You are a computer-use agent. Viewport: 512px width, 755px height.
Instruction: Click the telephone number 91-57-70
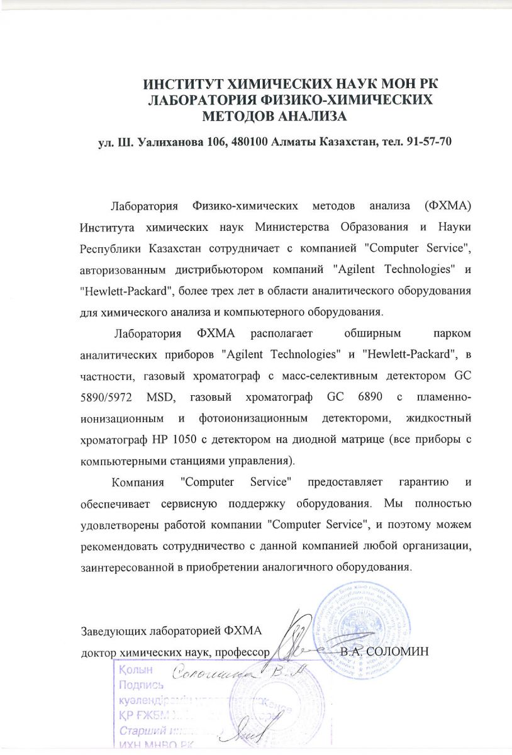coord(429,142)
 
